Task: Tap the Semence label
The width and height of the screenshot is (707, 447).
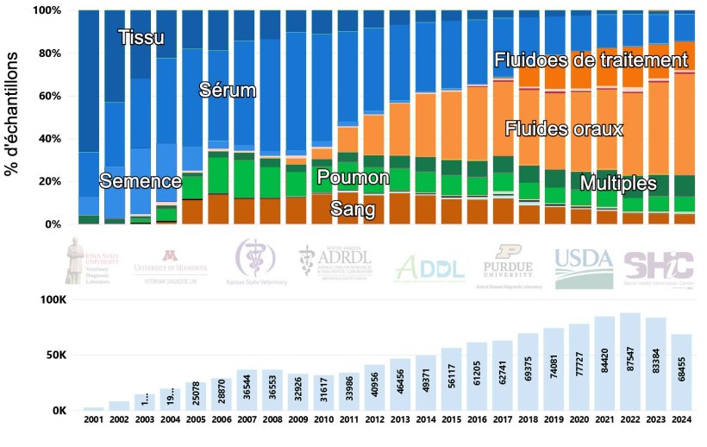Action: click(x=141, y=181)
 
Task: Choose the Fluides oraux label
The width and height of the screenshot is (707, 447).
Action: click(x=563, y=128)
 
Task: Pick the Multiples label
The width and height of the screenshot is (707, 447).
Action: click(x=618, y=183)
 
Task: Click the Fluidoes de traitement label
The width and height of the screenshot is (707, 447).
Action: click(x=591, y=60)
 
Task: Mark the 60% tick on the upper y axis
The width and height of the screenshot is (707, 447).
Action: click(x=47, y=96)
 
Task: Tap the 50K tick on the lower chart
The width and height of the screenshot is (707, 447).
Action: click(x=52, y=355)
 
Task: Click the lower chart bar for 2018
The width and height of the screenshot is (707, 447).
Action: click(x=529, y=371)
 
